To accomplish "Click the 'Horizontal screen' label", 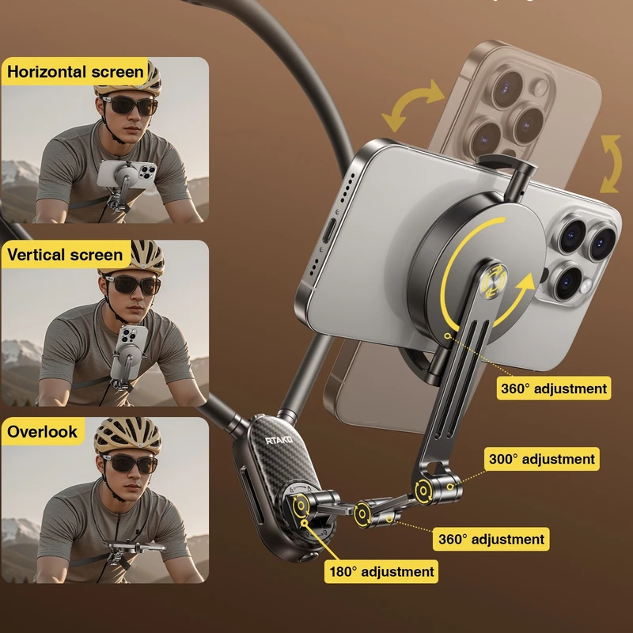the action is pos(75,72).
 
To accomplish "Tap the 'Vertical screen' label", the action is pos(65,255).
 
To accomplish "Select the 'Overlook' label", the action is pos(43,431).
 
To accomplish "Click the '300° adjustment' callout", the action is pos(542,459).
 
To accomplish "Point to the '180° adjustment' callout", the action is pos(381,571).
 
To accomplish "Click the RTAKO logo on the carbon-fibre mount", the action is pos(279,440).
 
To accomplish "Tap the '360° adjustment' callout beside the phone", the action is pos(554,389).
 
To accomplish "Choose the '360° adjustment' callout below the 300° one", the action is pos(491,539).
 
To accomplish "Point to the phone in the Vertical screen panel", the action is pos(130,352).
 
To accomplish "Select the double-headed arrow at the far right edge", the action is pos(612,164).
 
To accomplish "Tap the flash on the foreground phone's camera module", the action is pos(584,286).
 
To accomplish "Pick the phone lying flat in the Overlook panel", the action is pos(134,547).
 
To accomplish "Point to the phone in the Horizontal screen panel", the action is pos(127,173).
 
